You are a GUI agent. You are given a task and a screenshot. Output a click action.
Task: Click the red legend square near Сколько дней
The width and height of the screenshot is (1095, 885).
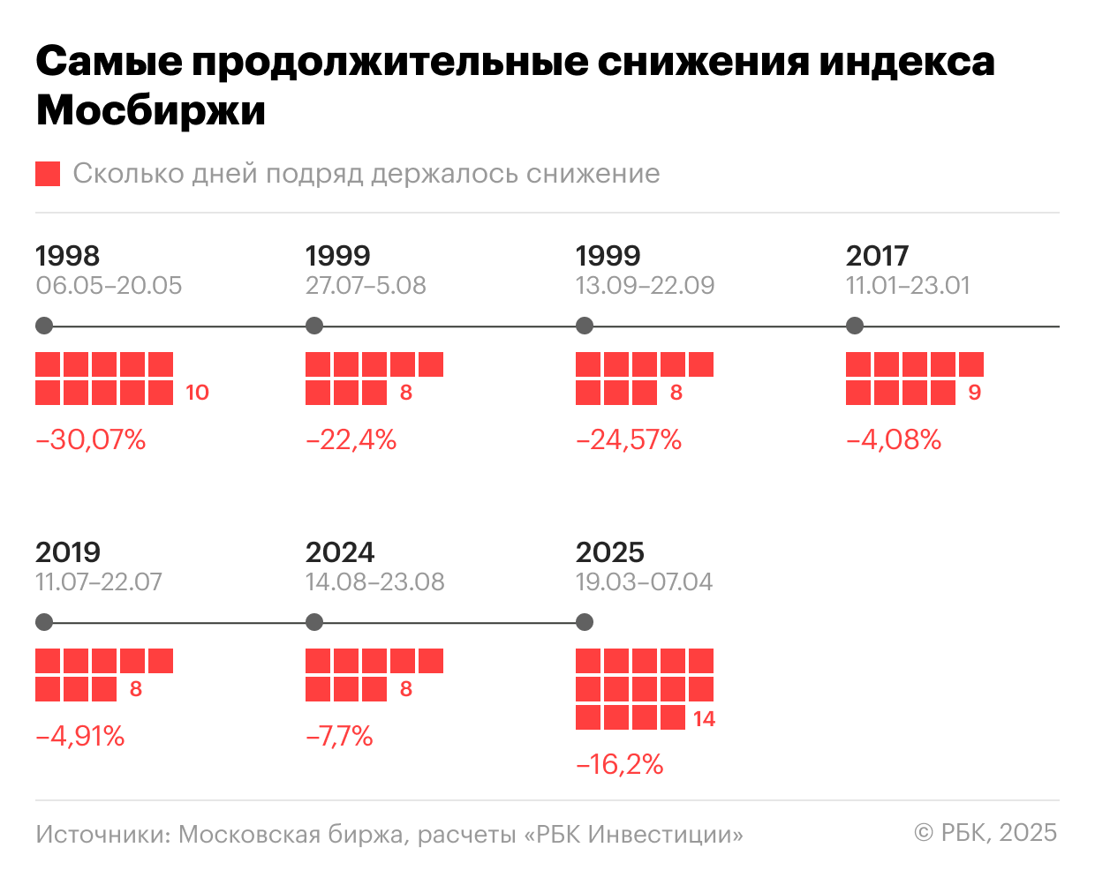pos(48,174)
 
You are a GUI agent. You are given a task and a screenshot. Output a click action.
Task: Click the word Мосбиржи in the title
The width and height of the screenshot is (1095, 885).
pos(151,111)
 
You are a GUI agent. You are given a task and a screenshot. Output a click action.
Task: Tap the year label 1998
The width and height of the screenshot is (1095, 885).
pos(67,256)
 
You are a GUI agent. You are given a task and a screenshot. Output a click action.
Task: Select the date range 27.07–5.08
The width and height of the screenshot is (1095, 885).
pos(366,286)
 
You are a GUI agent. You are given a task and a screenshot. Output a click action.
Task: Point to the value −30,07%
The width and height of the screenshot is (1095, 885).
pos(91,439)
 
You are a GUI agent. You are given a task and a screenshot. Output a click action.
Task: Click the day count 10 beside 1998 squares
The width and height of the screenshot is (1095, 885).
pos(197,393)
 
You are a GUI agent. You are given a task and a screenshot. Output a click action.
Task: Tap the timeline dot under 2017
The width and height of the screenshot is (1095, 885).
pos(854,326)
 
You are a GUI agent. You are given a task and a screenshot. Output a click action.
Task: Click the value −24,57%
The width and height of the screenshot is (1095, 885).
pos(629,439)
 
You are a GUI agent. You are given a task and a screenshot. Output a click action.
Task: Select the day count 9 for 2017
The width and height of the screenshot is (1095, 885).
pos(974,393)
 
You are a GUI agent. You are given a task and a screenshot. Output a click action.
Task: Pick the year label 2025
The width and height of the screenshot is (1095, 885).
pos(609,552)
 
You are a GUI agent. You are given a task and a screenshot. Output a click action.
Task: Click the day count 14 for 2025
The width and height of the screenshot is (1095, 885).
pos(704,719)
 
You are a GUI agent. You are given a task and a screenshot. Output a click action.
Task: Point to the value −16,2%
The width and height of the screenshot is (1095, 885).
pos(620,764)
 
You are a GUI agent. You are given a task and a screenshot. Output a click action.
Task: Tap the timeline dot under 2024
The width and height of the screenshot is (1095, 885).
pos(313,623)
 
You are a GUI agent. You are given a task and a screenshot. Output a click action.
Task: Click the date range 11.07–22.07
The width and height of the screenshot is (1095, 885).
pos(99,582)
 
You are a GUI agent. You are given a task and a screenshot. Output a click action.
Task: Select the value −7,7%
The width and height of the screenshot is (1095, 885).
pos(339,736)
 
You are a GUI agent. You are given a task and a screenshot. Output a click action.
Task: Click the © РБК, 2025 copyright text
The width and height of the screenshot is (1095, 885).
pos(985,832)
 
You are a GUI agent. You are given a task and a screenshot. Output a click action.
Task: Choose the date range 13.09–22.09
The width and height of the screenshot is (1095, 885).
pos(645,286)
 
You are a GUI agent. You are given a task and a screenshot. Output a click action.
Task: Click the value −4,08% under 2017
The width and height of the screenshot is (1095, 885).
pos(894,439)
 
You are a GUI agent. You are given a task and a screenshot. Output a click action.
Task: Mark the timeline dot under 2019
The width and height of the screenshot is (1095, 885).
pos(44,623)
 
